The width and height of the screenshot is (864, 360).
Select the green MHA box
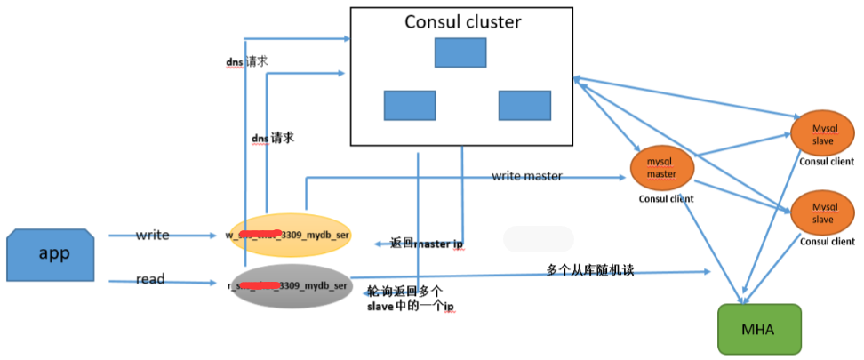[x=759, y=330]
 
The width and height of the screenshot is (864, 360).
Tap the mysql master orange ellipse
[x=661, y=168]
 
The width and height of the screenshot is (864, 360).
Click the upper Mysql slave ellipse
[x=822, y=134]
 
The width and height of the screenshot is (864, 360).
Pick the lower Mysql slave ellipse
[x=822, y=212]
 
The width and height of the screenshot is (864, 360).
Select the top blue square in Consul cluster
[x=460, y=52]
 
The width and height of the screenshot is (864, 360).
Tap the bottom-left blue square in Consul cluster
[x=410, y=105]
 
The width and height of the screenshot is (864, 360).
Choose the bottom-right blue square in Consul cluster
[x=524, y=105]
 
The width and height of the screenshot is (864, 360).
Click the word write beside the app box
[x=152, y=235]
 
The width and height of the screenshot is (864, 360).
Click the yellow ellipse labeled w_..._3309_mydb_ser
[x=289, y=236]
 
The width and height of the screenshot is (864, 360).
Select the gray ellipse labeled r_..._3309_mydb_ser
[x=289, y=286]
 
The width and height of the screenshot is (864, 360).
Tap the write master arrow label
[x=526, y=176]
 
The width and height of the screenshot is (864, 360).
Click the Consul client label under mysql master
[x=666, y=198]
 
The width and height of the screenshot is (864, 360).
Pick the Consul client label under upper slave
[x=826, y=161]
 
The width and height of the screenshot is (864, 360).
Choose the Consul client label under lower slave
[x=826, y=241]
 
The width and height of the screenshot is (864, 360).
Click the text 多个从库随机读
[x=589, y=269]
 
